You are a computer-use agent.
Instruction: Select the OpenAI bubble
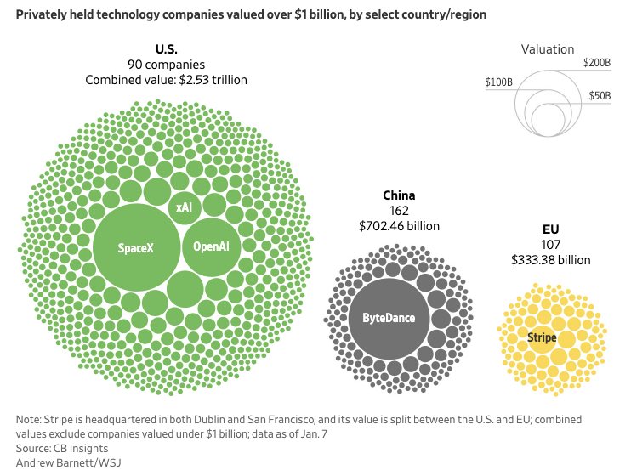[x=212, y=246]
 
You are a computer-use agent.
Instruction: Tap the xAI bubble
[x=184, y=207]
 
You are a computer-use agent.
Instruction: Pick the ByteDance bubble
[x=389, y=317]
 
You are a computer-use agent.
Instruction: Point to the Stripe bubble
[x=542, y=337]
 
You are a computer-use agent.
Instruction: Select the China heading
[x=399, y=195]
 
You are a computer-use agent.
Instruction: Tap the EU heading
[x=550, y=229]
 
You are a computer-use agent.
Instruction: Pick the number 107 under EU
[x=550, y=245]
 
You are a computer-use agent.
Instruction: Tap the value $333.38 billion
[x=550, y=260]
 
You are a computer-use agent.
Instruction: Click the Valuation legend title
[x=547, y=49]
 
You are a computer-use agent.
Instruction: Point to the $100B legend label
[x=499, y=82]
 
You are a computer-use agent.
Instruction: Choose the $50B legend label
[x=600, y=96]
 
